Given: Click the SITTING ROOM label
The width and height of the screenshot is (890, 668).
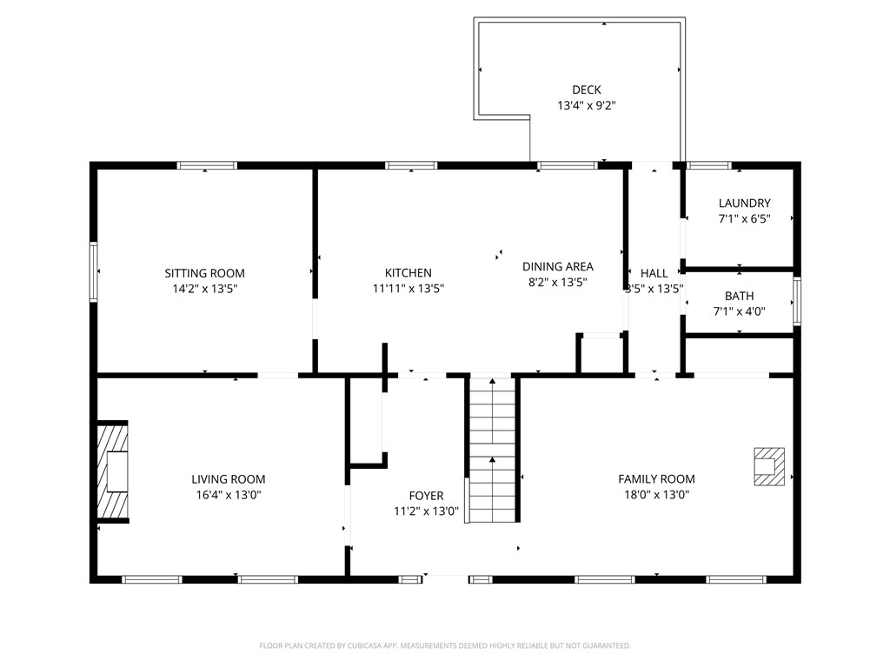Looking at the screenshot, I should pyautogui.click(x=205, y=273).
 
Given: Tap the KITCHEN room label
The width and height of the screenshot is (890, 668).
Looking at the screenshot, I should pyautogui.click(x=408, y=273).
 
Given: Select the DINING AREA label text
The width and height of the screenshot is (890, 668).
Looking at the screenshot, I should pyautogui.click(x=557, y=267).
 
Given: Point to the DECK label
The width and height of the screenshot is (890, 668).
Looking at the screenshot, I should pyautogui.click(x=586, y=90).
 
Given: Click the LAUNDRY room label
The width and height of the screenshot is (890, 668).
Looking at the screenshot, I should pyautogui.click(x=744, y=204).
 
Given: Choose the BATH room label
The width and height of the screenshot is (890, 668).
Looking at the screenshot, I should pyautogui.click(x=739, y=296).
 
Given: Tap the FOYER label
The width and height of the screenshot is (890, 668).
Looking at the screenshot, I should pyautogui.click(x=426, y=496).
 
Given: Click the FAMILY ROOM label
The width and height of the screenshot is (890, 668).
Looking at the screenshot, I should pyautogui.click(x=656, y=479).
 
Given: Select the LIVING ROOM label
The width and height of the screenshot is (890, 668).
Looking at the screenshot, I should pyautogui.click(x=229, y=479).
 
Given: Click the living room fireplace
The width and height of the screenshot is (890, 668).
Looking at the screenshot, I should pyautogui.click(x=112, y=472).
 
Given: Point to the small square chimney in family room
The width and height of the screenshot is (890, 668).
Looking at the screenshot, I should pyautogui.click(x=768, y=465).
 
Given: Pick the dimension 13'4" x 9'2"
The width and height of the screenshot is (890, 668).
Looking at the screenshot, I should pyautogui.click(x=587, y=106).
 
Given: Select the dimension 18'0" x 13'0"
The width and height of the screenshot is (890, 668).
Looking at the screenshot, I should pyautogui.click(x=656, y=495).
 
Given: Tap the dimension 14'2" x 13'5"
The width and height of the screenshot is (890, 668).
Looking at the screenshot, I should pyautogui.click(x=205, y=289).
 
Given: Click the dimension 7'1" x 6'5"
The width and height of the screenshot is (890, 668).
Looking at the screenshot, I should pyautogui.click(x=744, y=219).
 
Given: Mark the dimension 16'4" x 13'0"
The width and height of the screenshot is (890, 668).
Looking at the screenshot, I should pyautogui.click(x=229, y=495).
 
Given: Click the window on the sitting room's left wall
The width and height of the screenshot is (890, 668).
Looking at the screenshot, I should pyautogui.click(x=94, y=271).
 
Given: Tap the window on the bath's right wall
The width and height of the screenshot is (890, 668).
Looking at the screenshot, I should pyautogui.click(x=796, y=302).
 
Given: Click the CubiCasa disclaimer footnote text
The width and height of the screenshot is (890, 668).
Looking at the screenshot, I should pyautogui.click(x=444, y=645).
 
